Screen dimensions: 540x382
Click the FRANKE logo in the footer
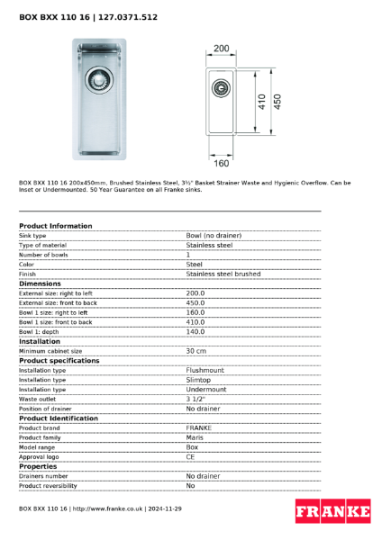333,511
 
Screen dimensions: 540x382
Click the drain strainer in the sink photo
96,80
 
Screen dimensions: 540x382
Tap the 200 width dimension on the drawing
221,48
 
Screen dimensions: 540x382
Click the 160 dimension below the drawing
221,163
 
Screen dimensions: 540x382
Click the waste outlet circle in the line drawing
220,87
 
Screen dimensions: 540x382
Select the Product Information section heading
55,226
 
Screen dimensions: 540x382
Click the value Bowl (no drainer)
214,235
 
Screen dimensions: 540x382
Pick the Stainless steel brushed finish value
223,274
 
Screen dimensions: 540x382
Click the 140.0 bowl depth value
196,331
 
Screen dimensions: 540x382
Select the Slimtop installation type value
198,380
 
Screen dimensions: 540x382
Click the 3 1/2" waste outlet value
196,399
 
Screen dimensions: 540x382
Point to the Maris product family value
195,437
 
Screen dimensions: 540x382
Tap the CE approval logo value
190,456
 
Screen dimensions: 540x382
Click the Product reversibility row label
48,485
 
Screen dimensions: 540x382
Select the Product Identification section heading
59,418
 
